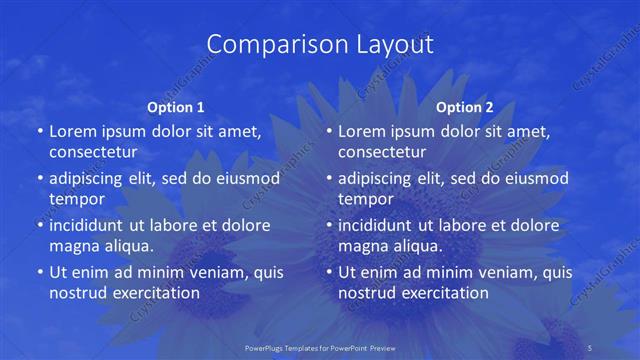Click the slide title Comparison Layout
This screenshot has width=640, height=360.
point(320,44)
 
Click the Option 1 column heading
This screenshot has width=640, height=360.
point(176,106)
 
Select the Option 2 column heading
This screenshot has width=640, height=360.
point(465,106)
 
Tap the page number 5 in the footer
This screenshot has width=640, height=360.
point(591,347)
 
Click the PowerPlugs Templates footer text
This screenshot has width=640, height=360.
point(319,347)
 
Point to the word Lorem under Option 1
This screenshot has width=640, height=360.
point(73,131)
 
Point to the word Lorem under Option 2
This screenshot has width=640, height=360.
point(362,131)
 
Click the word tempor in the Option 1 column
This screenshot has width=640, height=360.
point(77,199)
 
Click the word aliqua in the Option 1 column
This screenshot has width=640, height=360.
point(128,246)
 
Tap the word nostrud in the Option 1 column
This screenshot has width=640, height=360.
point(77,293)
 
